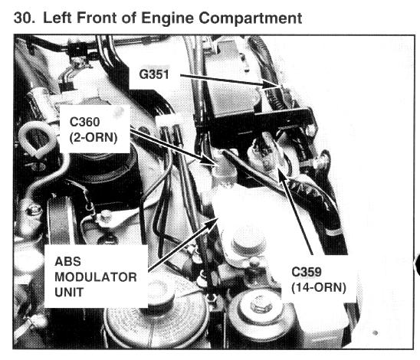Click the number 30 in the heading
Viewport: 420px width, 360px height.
click(x=24, y=18)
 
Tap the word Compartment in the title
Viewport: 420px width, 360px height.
click(x=250, y=18)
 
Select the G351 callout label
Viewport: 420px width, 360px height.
click(x=154, y=74)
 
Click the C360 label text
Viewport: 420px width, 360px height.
click(x=84, y=122)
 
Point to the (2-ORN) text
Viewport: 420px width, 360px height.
click(x=94, y=138)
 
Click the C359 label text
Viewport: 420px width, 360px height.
click(x=306, y=272)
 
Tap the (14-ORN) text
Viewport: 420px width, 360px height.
click(x=319, y=288)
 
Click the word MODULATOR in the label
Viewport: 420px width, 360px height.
click(x=96, y=277)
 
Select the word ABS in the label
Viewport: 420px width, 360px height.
click(x=67, y=261)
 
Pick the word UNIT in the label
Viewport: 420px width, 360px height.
click(x=69, y=293)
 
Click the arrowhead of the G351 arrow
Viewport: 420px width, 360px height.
click(x=273, y=84)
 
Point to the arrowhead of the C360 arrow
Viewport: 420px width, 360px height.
click(x=209, y=160)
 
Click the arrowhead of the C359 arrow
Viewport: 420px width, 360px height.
click(x=281, y=173)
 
